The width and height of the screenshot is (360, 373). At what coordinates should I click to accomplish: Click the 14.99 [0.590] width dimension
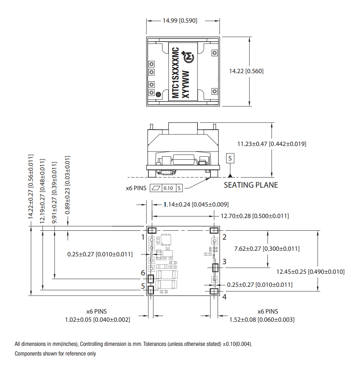[180, 20]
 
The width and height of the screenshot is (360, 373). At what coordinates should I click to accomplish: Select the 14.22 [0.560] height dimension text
[246, 71]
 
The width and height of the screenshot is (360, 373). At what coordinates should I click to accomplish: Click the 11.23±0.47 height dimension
[272, 144]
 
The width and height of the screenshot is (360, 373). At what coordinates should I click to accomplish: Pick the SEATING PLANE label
[251, 185]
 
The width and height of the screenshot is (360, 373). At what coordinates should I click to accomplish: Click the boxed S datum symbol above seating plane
[231, 158]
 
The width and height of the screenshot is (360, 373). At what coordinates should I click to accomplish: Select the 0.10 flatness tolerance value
[168, 188]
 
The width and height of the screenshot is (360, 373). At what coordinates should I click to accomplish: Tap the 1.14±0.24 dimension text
[196, 205]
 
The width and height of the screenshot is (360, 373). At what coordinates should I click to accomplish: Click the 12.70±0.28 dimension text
[255, 216]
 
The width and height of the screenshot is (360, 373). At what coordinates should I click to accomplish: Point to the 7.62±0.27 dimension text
[267, 249]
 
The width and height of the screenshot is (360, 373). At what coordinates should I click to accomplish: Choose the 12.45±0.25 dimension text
[310, 272]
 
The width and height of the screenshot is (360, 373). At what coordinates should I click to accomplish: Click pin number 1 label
[143, 237]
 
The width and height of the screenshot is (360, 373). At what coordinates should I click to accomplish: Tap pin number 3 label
[224, 262]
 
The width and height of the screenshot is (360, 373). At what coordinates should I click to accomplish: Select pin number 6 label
[143, 273]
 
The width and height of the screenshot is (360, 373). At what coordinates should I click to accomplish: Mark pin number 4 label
[224, 297]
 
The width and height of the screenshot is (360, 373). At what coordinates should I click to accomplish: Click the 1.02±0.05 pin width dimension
[97, 320]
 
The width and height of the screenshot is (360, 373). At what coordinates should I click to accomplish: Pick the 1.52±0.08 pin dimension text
[262, 320]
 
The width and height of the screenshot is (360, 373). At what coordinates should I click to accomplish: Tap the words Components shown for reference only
[55, 354]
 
